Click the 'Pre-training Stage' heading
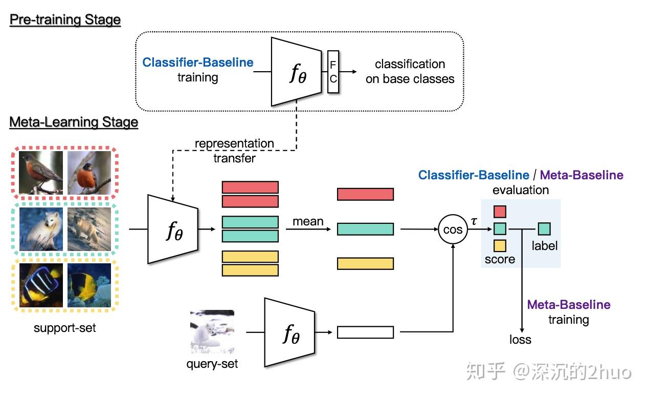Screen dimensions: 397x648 pyautogui.click(x=65, y=20)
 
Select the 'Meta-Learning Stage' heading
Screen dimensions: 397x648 pyautogui.click(x=74, y=122)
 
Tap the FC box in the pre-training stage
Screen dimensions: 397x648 pyautogui.click(x=333, y=72)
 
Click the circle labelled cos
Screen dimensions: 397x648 pyautogui.click(x=453, y=230)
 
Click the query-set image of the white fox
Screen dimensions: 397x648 pyautogui.click(x=212, y=331)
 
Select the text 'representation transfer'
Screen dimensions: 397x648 pyautogui.click(x=234, y=151)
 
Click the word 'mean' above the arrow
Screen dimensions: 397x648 pyautogui.click(x=308, y=221)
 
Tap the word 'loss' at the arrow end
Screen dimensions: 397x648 pyautogui.click(x=520, y=340)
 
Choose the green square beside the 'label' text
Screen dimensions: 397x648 pyautogui.click(x=544, y=228)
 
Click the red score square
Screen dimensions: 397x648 pyautogui.click(x=500, y=211)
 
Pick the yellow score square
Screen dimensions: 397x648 pyautogui.click(x=500, y=246)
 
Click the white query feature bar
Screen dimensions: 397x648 pyautogui.click(x=365, y=332)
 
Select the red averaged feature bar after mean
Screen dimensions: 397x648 pyautogui.click(x=365, y=194)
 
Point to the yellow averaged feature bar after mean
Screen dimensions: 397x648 pyautogui.click(x=365, y=263)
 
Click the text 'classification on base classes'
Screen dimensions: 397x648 pyautogui.click(x=410, y=71)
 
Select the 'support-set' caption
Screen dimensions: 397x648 pyautogui.click(x=64, y=327)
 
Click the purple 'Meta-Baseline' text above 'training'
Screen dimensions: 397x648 pyautogui.click(x=569, y=305)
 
